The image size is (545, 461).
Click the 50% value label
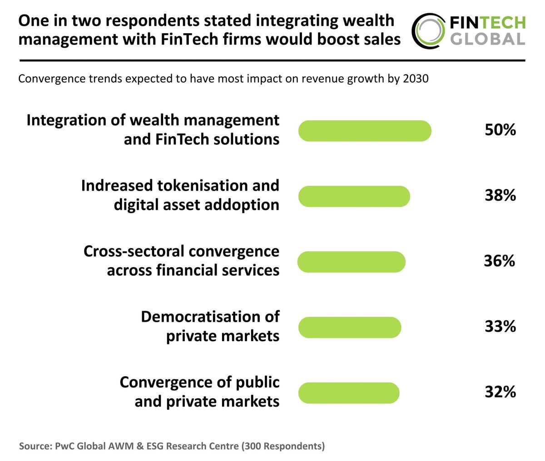500,130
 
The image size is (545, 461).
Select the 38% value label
500,196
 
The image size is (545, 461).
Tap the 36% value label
499,261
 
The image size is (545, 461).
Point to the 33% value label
500,326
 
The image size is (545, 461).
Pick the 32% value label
500,392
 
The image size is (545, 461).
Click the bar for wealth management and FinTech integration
364,131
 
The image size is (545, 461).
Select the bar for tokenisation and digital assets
354,196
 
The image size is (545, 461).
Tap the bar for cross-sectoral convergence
351,262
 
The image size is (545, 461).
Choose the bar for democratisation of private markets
349,327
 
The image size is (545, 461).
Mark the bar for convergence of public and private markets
348,393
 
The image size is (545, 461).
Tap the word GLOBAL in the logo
487,39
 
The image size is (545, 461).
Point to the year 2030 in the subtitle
416,79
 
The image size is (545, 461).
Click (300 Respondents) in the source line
283,446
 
